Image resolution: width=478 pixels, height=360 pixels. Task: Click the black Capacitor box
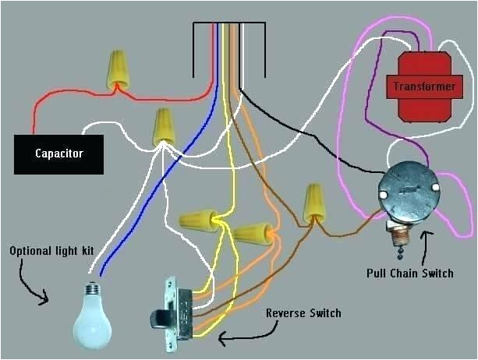pyautogui.click(x=58, y=154)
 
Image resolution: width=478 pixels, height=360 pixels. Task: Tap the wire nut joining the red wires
pyautogui.click(x=118, y=69)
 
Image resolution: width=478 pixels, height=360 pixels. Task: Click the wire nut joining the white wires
pyautogui.click(x=163, y=126)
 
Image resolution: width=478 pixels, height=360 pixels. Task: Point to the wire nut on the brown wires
pyautogui.click(x=313, y=203)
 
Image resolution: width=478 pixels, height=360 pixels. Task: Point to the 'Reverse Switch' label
pyautogui.click(x=303, y=313)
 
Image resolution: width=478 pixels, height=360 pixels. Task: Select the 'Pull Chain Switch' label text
pyautogui.click(x=409, y=274)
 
